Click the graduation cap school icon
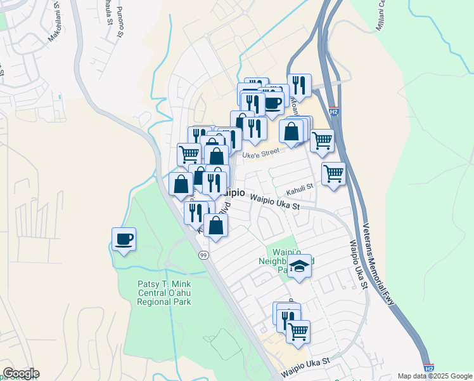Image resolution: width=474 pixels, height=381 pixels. [x=300, y=266]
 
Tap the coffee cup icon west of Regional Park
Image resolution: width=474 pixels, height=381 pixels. [x=124, y=239]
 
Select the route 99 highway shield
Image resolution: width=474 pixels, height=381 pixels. [x=203, y=255]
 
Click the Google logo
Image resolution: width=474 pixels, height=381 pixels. [x=20, y=373]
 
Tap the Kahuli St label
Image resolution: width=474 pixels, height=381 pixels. [x=300, y=187]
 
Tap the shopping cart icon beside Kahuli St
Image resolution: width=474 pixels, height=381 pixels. [x=333, y=173]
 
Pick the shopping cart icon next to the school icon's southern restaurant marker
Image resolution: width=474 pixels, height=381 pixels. [x=298, y=331]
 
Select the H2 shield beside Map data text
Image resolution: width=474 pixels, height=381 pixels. [x=429, y=368]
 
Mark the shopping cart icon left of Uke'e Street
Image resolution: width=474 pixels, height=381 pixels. [x=189, y=154]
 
